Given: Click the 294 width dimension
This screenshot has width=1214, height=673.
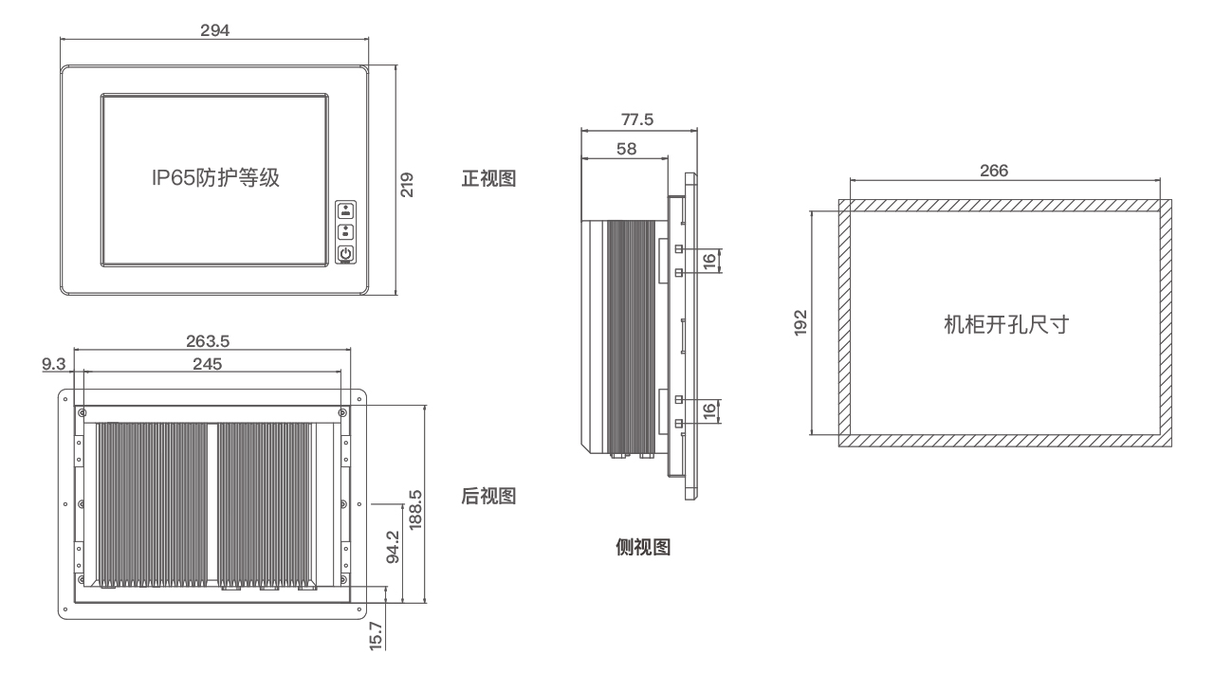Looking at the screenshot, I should click(213, 28).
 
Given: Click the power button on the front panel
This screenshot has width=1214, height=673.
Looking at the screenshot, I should click(346, 254).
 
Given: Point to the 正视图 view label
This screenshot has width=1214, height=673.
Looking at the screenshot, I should click(488, 178).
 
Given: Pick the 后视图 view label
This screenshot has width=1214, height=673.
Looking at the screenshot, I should click(488, 496).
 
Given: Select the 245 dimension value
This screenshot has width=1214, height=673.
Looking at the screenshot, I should click(211, 363).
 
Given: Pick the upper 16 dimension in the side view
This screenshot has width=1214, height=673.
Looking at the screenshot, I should click(709, 260).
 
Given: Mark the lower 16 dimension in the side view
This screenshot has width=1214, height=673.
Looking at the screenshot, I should click(709, 411).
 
